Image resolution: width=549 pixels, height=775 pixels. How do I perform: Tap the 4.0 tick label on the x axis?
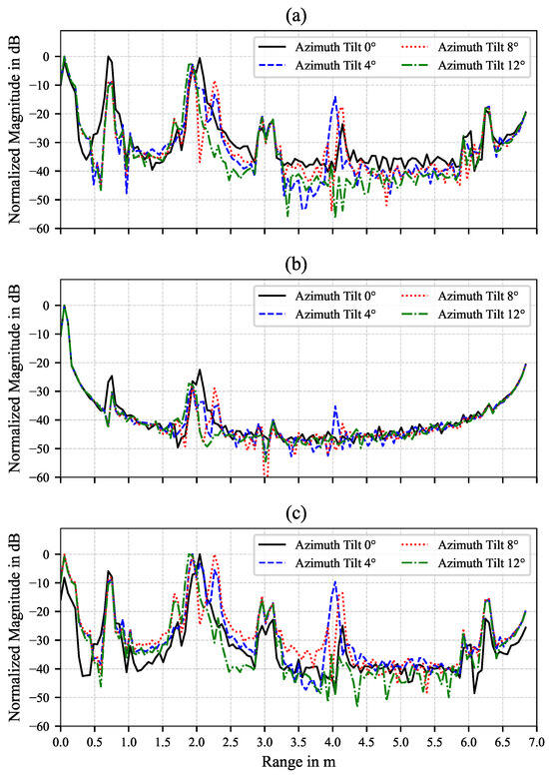pyautogui.click(x=332, y=743)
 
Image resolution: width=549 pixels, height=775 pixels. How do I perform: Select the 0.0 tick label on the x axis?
pyautogui.click(x=60, y=743)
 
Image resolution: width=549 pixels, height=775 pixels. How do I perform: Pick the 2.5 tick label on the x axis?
pyautogui.click(x=230, y=743)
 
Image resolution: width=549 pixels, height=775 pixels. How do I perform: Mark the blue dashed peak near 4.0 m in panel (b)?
pyautogui.click(x=334, y=406)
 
